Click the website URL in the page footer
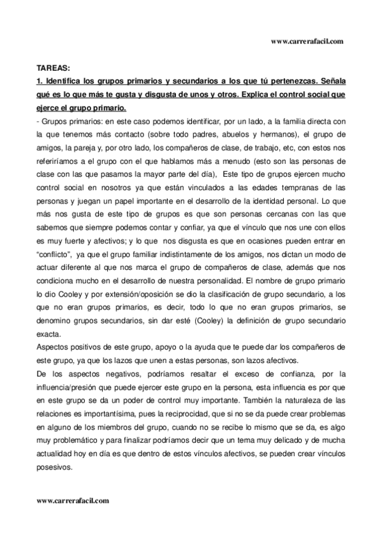(x=73, y=501)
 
